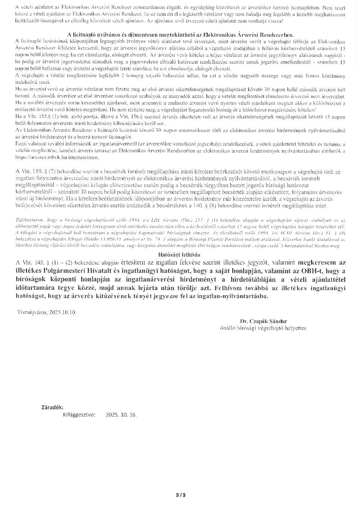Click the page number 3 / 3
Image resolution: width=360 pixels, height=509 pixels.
pos(180,495)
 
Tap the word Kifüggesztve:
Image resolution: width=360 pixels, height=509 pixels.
pos(79,415)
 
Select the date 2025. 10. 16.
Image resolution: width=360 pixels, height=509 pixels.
pos(121,415)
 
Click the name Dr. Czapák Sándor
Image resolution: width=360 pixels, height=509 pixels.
pos(264,321)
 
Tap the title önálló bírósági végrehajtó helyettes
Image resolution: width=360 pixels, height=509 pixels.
pos(263,328)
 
